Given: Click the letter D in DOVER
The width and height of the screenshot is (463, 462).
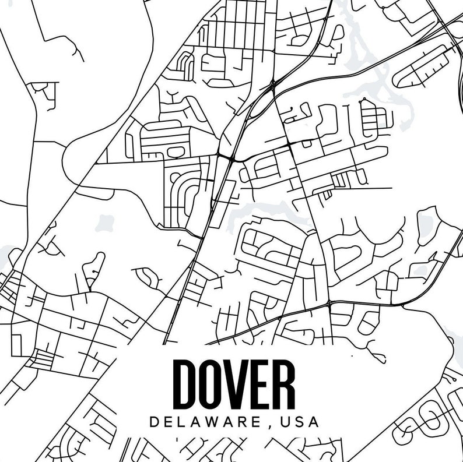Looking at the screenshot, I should point(186,384).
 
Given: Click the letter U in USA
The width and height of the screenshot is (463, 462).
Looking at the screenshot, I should point(285,422).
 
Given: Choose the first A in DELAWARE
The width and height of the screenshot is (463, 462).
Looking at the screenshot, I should point(198,422).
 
